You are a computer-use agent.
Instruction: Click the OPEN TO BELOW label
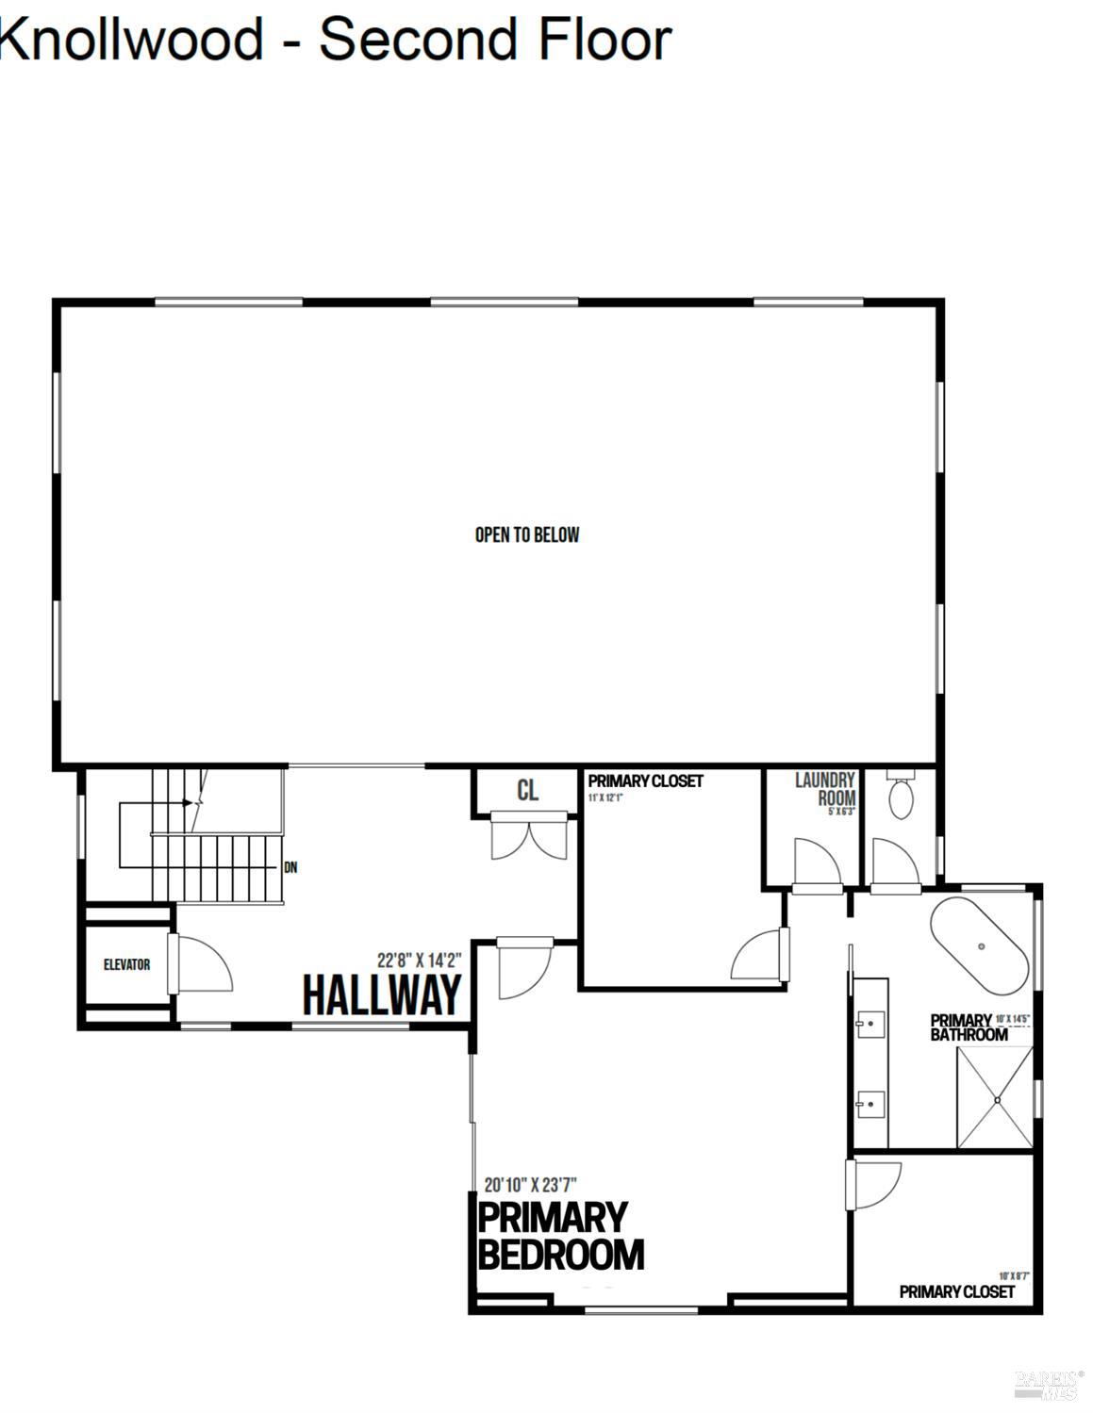click(527, 534)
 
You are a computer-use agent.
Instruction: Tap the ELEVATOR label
click(126, 964)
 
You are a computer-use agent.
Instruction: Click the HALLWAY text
click(382, 994)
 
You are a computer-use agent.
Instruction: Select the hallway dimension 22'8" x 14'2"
click(419, 961)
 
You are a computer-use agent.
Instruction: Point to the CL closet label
click(527, 791)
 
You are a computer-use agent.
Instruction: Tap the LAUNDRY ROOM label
click(825, 789)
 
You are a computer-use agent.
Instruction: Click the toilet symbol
click(901, 797)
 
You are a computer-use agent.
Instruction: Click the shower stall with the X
click(995, 1097)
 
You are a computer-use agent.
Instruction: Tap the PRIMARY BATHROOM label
click(968, 1027)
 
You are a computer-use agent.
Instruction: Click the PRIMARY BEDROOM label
click(560, 1236)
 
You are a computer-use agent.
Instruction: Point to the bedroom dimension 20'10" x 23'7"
click(530, 1184)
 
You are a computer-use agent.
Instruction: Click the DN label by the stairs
click(290, 867)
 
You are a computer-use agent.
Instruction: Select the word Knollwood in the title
click(132, 40)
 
